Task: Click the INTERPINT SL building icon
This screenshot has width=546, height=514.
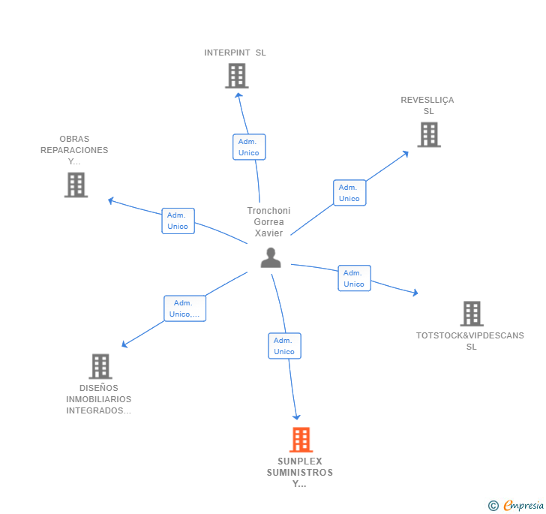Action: point(236,76)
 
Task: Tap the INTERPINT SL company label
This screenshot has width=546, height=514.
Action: point(235,53)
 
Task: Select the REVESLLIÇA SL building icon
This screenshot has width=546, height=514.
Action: point(428,134)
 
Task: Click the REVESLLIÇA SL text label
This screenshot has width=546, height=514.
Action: point(427,106)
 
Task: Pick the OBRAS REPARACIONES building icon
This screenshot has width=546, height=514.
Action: point(76,185)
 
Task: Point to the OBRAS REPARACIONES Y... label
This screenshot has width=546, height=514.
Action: point(74,150)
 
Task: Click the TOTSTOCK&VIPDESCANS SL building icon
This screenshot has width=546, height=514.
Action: point(471,314)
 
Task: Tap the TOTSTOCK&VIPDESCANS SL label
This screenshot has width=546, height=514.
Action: point(470,341)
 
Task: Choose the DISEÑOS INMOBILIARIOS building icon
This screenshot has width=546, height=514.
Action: point(100,366)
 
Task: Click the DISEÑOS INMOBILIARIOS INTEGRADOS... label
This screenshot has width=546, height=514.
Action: point(98,399)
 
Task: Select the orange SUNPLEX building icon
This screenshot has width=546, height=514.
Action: point(300,440)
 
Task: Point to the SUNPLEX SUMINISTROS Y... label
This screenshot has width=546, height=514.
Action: point(299,473)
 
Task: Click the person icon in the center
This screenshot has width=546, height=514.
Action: point(270,257)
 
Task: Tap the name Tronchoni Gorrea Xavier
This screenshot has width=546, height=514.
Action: point(268,222)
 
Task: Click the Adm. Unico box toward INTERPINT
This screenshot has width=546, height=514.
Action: point(249,147)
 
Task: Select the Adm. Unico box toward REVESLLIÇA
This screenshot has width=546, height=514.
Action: point(349,193)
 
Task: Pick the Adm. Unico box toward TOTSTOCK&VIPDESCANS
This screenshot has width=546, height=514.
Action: point(354,278)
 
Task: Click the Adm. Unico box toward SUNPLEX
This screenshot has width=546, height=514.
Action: point(284,346)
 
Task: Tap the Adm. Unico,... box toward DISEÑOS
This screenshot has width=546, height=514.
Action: point(184,308)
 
